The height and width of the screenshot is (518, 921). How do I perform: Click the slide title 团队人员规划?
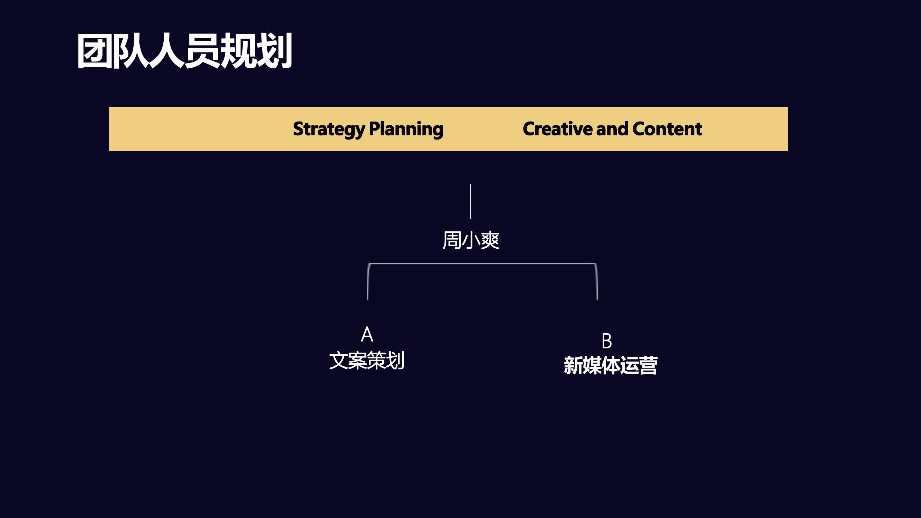[x=184, y=51]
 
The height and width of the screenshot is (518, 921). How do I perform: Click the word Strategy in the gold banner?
[x=329, y=129]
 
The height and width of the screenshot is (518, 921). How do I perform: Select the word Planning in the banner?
[x=406, y=129]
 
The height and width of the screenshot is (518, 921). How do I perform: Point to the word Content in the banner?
[x=667, y=129]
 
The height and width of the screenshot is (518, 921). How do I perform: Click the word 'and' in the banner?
[x=612, y=129]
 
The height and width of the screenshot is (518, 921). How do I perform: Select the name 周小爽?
[x=471, y=240]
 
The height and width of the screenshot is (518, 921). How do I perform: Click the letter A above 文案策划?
[x=367, y=334]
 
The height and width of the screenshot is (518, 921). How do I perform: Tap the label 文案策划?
[x=367, y=360]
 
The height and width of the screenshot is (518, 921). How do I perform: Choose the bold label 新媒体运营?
[x=610, y=365]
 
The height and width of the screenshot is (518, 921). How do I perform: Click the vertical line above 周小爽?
[x=470, y=202]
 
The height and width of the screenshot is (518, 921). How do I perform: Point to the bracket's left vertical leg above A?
[x=367, y=282]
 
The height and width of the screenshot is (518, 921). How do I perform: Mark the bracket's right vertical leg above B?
[x=597, y=282]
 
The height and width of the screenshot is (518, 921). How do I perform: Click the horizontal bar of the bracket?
[x=482, y=263]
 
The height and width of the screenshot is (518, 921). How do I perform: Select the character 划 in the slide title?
[x=275, y=51]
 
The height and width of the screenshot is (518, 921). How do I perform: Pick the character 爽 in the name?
[x=490, y=240]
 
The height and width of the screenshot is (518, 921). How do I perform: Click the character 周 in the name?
[x=452, y=240]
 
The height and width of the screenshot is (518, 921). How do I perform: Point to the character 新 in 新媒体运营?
[x=573, y=365]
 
